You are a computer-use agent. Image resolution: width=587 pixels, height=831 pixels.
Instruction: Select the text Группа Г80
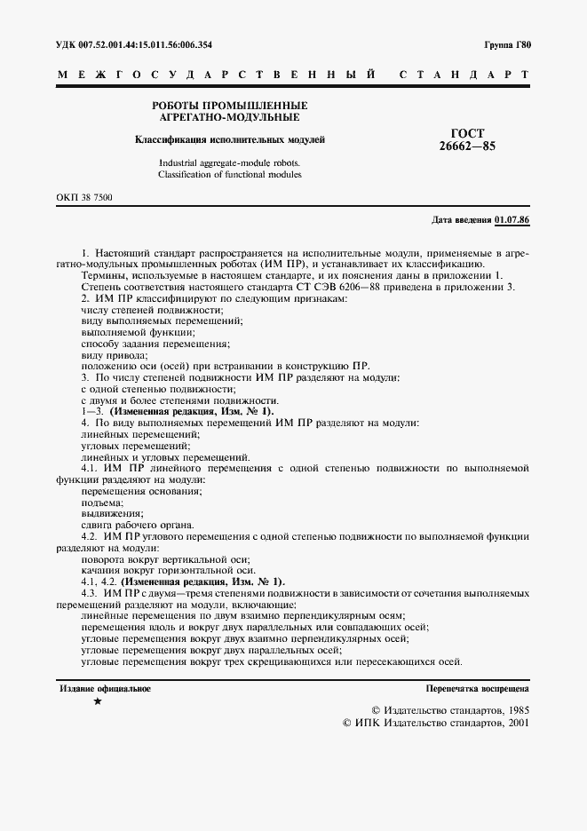505,44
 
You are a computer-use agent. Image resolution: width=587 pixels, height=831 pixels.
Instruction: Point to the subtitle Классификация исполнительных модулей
229,139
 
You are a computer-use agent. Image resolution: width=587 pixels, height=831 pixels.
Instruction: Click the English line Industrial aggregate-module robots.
229,163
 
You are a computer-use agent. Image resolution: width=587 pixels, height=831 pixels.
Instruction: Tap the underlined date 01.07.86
512,218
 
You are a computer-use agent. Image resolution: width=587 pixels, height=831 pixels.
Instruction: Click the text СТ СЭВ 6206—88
339,287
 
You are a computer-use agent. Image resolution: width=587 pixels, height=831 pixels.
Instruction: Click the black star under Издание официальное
98,701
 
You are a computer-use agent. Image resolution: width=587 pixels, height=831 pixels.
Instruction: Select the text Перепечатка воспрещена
477,688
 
